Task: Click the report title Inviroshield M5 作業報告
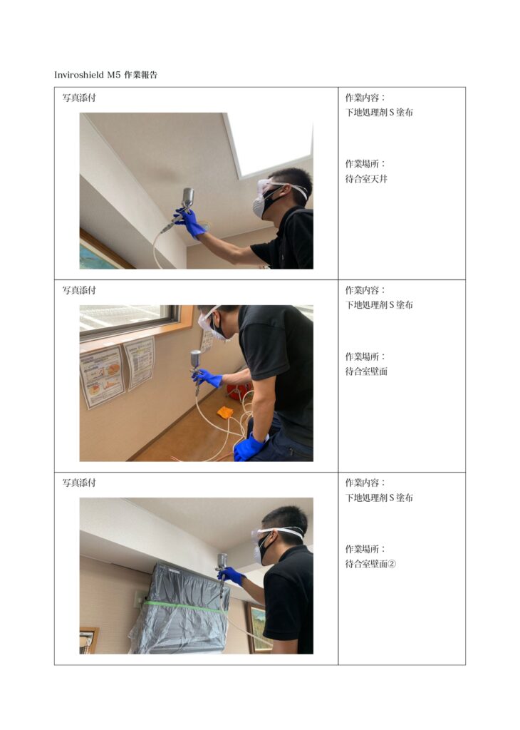[x=105, y=75]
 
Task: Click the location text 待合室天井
[x=366, y=179]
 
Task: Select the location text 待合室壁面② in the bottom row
[x=370, y=564]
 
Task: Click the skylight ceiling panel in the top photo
[x=269, y=143]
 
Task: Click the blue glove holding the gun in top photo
[x=190, y=223]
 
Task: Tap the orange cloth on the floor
[x=225, y=413]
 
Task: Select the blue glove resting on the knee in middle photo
[x=249, y=448]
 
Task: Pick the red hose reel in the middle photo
[x=239, y=392]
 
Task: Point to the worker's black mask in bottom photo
[x=263, y=550]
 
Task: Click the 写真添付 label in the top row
[x=79, y=98]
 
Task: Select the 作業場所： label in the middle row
[x=365, y=356]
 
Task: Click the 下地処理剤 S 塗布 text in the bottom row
[x=379, y=498]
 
